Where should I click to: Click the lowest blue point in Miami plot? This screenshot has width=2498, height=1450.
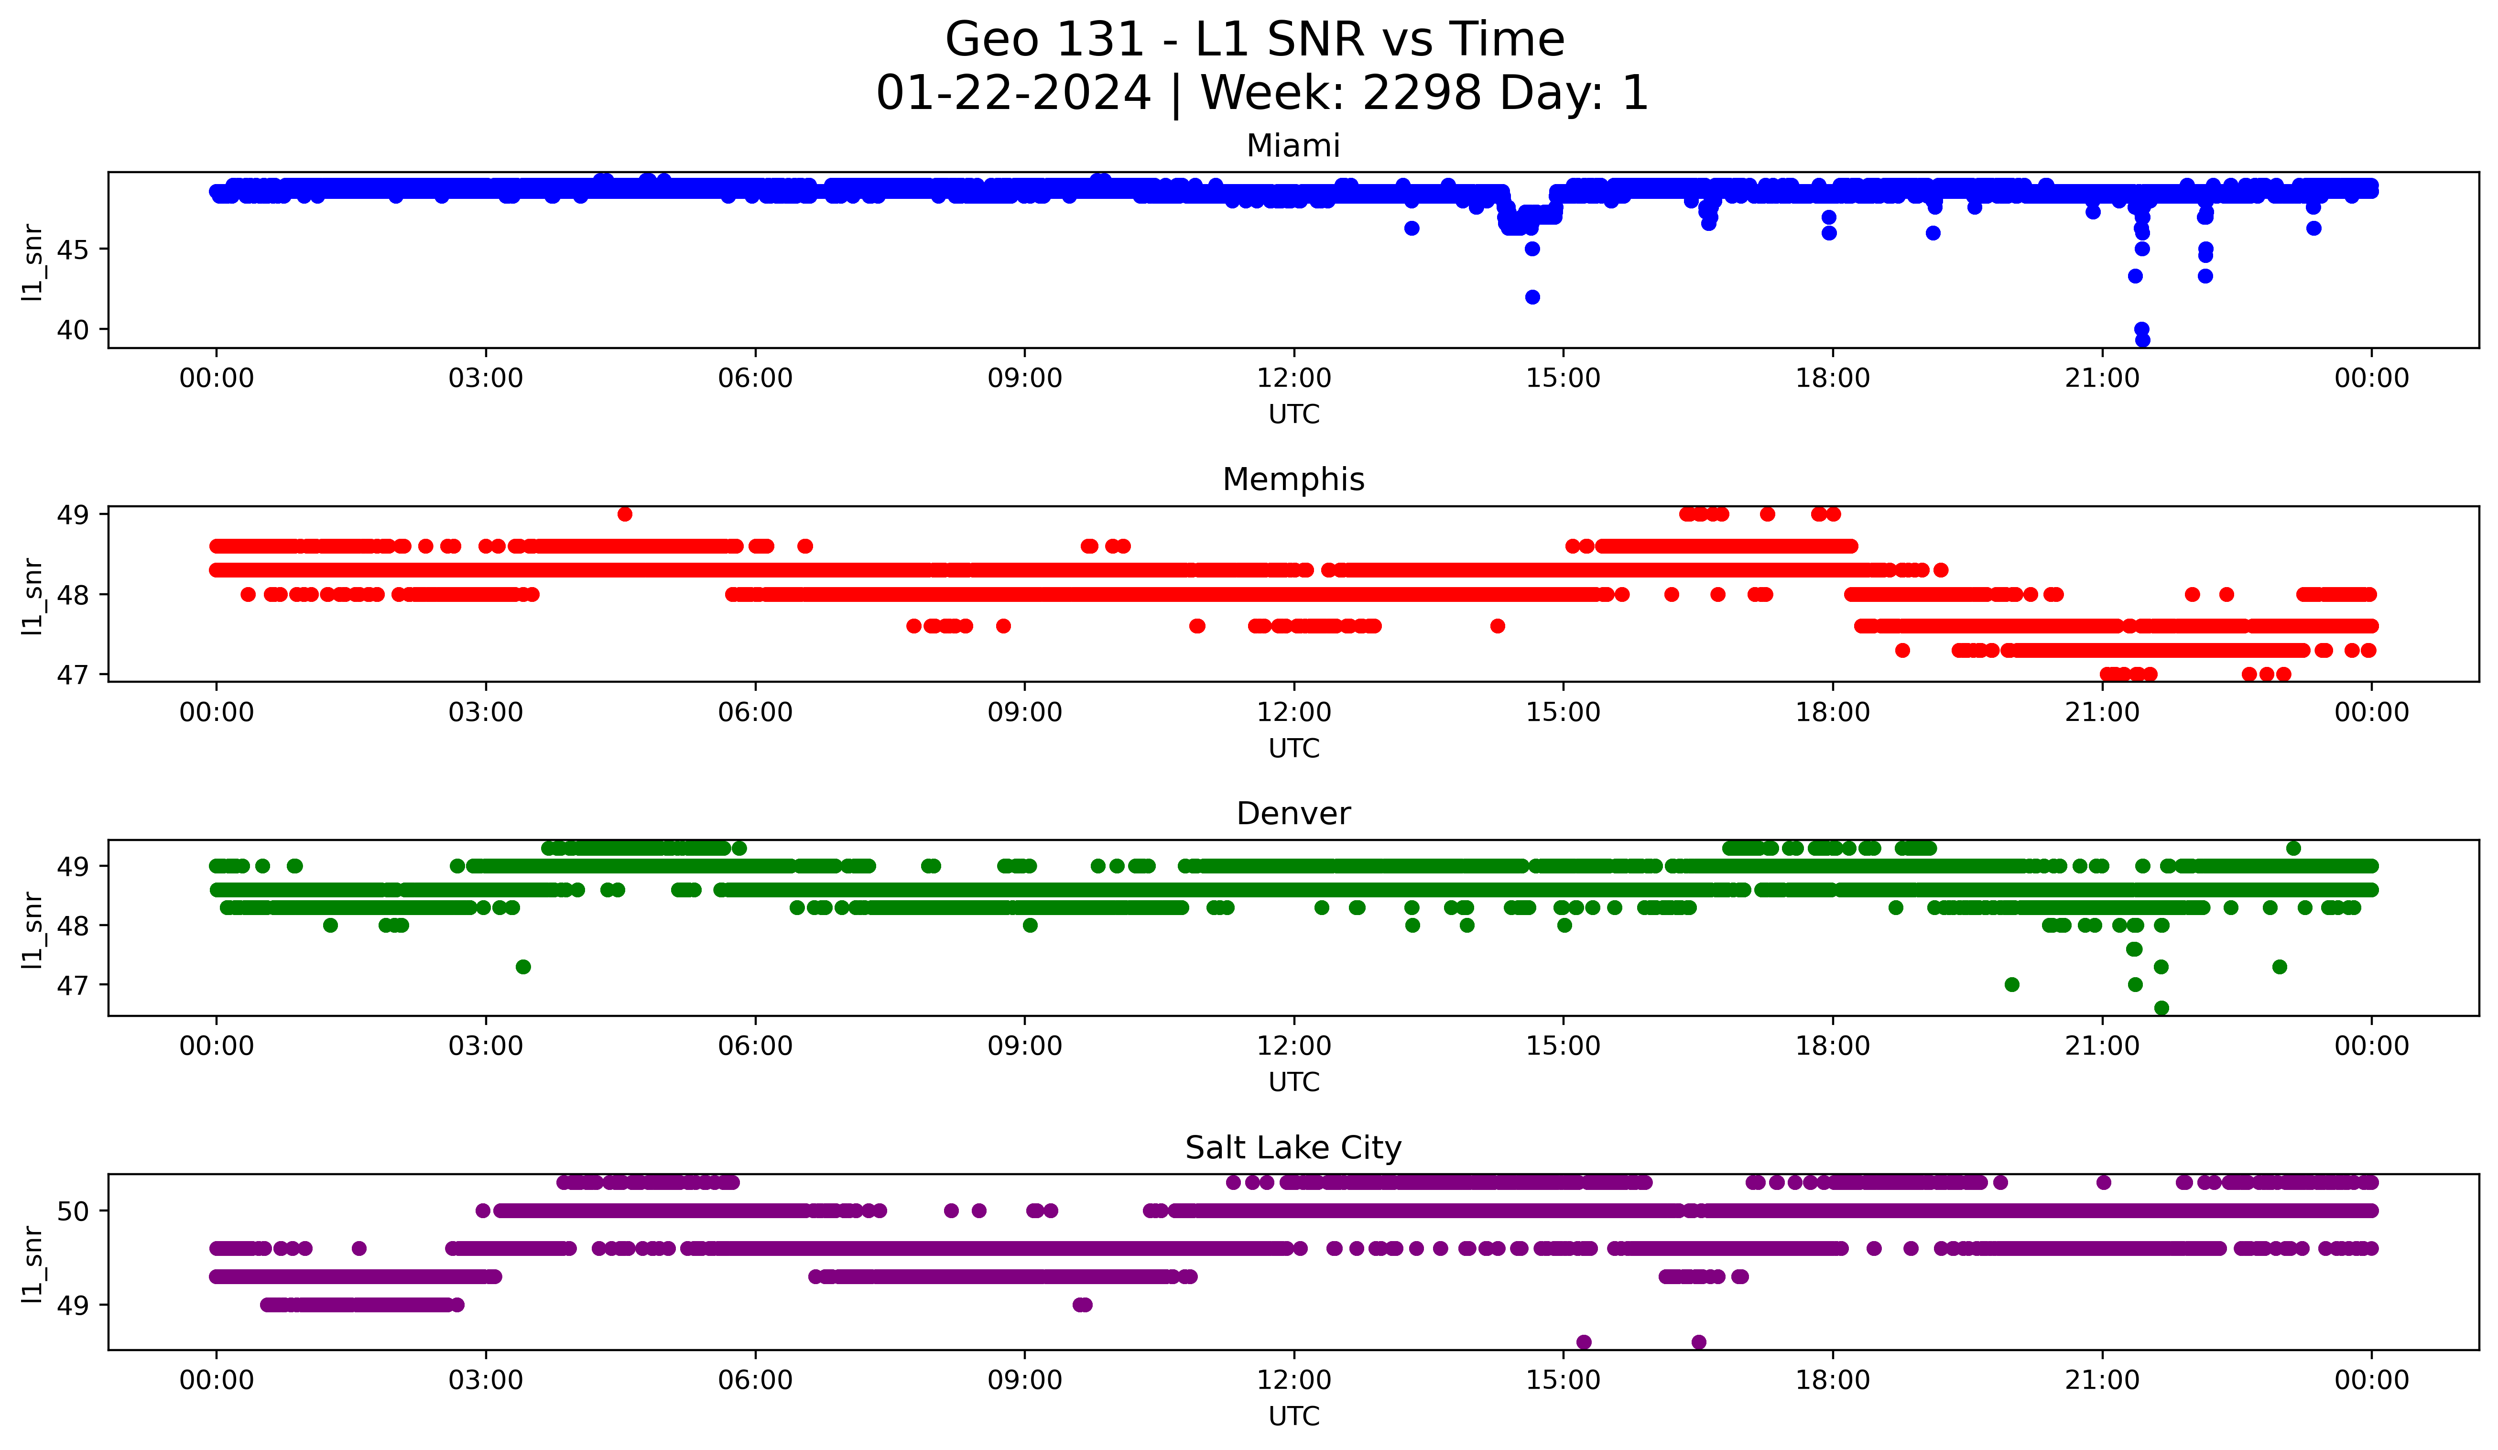(2142, 340)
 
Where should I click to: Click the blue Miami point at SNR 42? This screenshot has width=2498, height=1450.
(1532, 297)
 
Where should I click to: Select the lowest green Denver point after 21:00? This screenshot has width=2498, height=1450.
(2162, 1008)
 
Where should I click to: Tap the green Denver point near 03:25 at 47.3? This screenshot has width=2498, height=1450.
(523, 966)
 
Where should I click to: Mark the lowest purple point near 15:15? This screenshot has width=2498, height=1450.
(1584, 1342)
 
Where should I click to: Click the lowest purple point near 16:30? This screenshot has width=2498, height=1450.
(1699, 1342)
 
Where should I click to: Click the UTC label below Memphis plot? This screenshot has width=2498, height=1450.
(1293, 748)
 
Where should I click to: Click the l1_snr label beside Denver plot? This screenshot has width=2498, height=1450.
(33, 929)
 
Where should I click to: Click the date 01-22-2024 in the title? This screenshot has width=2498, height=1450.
(1013, 93)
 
